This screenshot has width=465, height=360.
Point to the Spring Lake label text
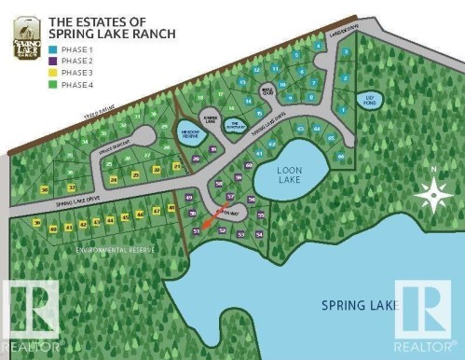tap(355, 304)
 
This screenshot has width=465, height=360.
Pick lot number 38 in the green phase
tap(45, 188)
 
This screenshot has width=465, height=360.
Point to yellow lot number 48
tap(171, 208)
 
